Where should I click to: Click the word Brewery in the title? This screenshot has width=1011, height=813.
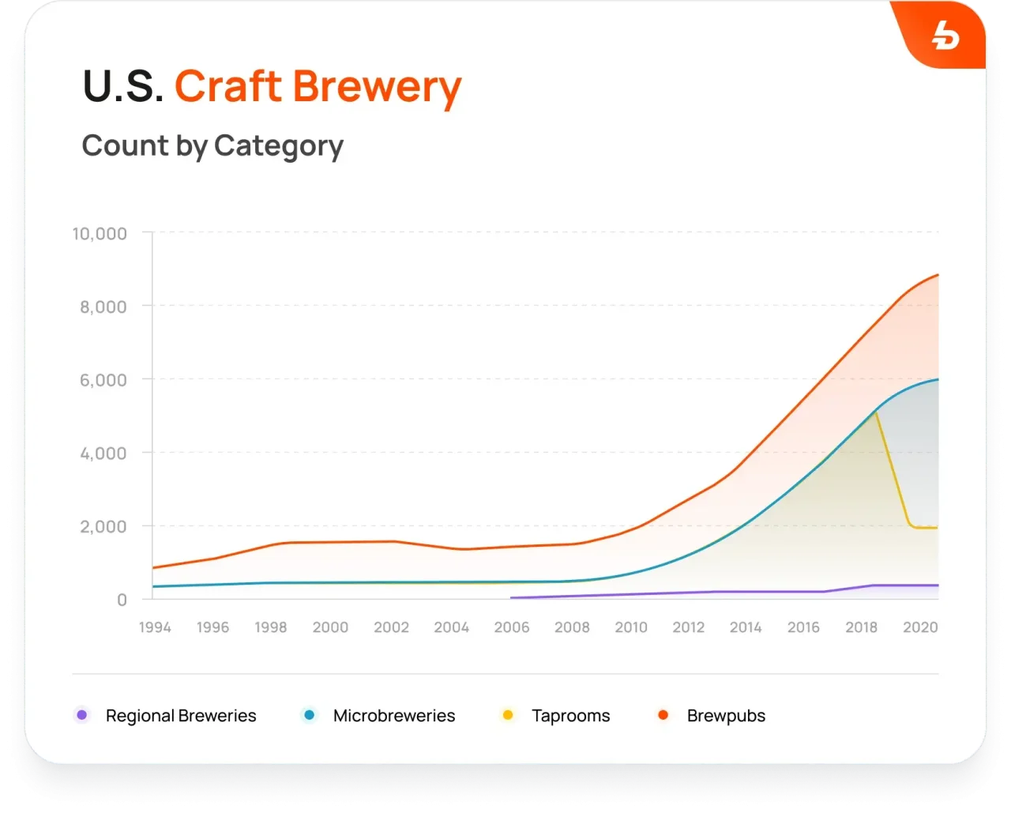(x=378, y=87)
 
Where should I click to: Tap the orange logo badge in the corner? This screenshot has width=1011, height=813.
(x=943, y=36)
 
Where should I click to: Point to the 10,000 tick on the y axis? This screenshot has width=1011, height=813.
(x=100, y=234)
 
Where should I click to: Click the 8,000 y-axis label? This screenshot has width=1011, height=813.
(x=103, y=307)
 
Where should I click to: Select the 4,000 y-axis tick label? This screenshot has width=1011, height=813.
(x=103, y=454)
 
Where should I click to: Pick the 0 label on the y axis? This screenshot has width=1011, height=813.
(x=122, y=600)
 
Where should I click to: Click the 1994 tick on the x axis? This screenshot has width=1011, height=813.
(x=155, y=627)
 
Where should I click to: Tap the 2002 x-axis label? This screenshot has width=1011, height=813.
(x=391, y=627)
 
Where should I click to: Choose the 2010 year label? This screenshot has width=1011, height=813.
(x=631, y=627)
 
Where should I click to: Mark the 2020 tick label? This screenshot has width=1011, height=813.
(x=920, y=627)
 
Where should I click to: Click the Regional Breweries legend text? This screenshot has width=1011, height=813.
(x=181, y=716)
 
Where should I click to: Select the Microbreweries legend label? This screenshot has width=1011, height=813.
(x=394, y=716)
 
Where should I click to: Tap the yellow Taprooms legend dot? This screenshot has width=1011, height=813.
(x=508, y=715)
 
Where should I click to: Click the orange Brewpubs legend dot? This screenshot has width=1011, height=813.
(x=663, y=715)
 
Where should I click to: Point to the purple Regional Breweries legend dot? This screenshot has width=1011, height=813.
(x=82, y=715)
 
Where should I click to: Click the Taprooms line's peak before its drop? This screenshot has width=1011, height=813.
(x=875, y=412)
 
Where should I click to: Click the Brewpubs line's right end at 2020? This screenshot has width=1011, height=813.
(x=938, y=275)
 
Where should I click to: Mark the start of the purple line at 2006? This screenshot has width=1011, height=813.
(x=512, y=598)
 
